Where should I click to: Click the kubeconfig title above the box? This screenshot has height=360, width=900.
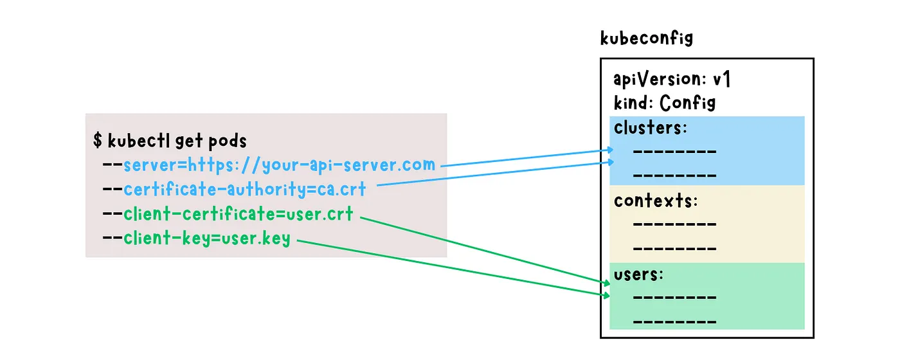(647, 38)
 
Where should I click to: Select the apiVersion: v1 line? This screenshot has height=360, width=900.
(671, 78)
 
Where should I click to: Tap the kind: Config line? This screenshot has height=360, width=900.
(665, 102)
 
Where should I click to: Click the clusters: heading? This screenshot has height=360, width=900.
(651, 128)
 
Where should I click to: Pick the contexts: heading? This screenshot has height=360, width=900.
(656, 201)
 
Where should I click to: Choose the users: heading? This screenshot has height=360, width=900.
(638, 274)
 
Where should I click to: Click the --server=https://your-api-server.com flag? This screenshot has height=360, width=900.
(269, 165)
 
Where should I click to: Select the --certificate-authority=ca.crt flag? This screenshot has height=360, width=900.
(234, 189)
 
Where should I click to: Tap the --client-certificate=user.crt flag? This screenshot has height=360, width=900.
(228, 213)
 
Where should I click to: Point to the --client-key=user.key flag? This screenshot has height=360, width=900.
(197, 238)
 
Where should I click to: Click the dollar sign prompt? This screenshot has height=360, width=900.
(97, 140)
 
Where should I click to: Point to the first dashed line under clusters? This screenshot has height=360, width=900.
(674, 152)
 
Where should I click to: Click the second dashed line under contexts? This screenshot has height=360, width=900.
(674, 249)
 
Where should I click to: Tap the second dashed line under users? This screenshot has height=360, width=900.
(674, 321)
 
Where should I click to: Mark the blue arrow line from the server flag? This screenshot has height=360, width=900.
(527, 157)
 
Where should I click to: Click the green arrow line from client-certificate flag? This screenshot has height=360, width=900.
(485, 251)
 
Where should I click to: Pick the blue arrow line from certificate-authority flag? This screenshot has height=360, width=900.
(496, 173)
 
